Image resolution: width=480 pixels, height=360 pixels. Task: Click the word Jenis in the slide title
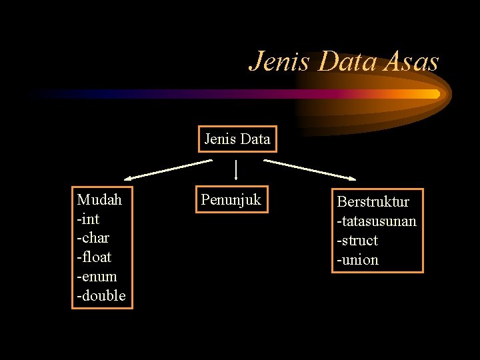[281, 62]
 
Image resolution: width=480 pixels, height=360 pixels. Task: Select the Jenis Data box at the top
[237, 139]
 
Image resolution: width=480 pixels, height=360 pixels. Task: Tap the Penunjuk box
[231, 199]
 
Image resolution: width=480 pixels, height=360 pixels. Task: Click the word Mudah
[99, 199]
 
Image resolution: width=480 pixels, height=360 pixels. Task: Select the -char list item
[93, 238]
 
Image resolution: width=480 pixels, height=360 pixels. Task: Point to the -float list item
[95, 257]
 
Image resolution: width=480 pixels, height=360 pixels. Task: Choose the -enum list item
[97, 277]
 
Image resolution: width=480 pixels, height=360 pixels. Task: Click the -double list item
[101, 296]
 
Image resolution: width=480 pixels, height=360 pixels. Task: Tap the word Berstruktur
[373, 201]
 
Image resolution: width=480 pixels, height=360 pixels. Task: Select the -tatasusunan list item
[377, 221]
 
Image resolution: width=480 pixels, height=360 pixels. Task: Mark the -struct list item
[357, 240]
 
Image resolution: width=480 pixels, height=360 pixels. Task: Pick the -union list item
[357, 260]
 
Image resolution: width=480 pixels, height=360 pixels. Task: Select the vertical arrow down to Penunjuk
[237, 169]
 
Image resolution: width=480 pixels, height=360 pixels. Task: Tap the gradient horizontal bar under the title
[233, 94]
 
